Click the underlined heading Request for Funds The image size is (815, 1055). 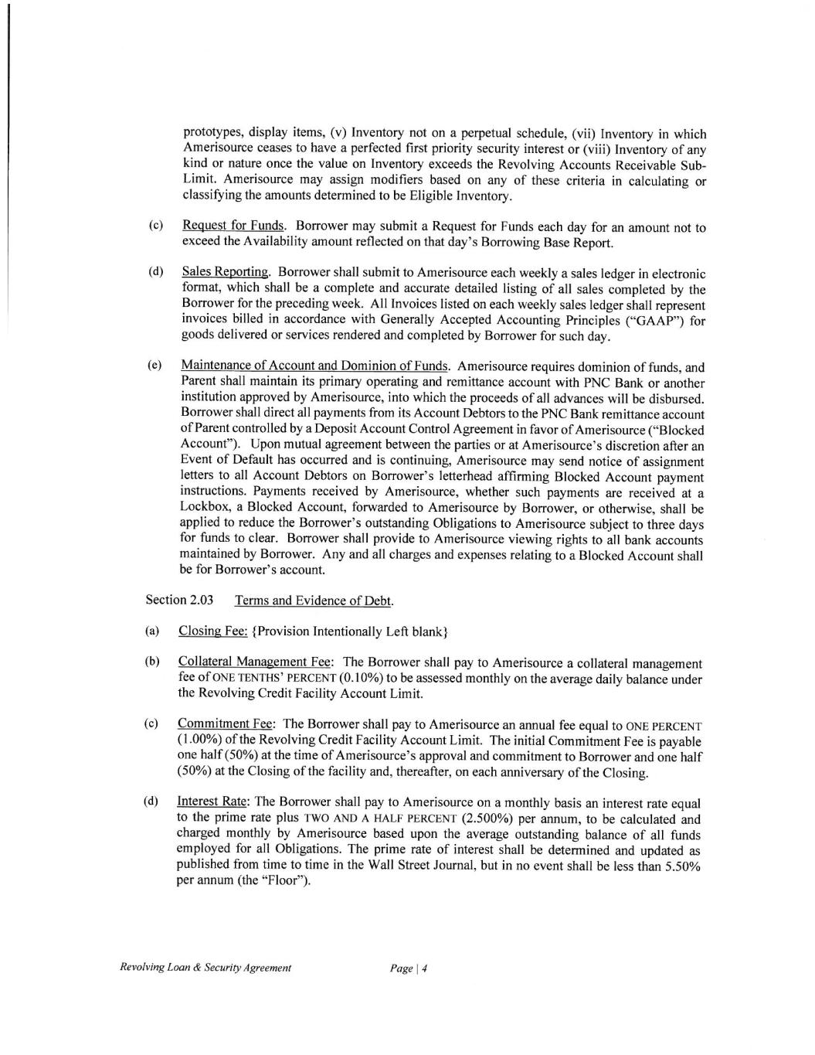233,226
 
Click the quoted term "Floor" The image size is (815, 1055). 283,882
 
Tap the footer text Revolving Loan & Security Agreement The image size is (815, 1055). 205,968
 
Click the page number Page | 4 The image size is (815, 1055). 409,968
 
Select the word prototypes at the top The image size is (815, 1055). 213,133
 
